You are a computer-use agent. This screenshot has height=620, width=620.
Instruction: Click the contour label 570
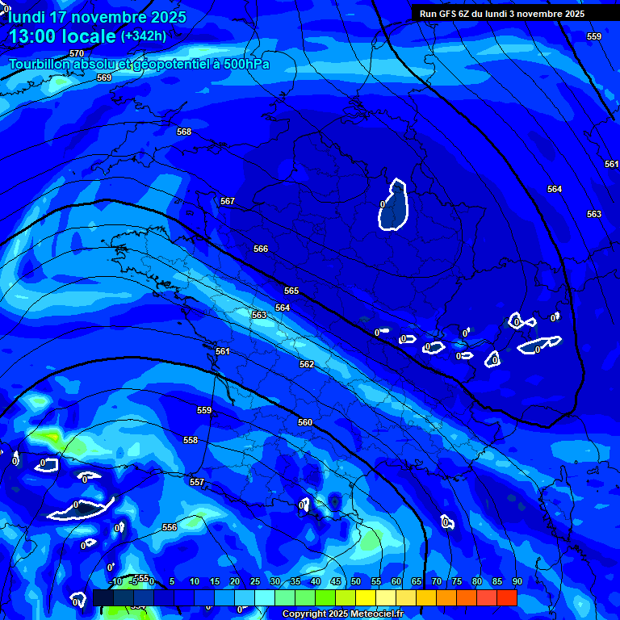coord(77,53)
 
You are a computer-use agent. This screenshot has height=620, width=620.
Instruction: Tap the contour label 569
coord(104,77)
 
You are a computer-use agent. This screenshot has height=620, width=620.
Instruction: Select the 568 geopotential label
coord(184,132)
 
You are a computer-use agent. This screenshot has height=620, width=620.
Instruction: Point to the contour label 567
coord(228,201)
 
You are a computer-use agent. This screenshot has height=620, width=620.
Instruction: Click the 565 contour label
coord(291,291)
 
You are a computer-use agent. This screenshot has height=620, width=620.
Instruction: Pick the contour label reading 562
coord(307,364)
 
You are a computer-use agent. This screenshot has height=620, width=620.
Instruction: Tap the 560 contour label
coord(305,422)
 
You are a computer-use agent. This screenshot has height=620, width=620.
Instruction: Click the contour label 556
coord(170,527)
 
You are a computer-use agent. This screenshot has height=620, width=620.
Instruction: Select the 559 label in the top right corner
coord(594,36)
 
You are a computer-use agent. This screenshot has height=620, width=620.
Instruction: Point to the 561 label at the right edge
coord(611,164)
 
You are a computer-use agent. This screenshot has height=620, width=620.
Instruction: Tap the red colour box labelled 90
coord(507,598)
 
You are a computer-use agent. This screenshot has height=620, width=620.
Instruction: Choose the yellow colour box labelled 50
coord(366,598)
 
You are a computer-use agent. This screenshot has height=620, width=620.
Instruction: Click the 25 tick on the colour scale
coord(255,582)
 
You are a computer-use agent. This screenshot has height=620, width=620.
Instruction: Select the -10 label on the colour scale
coord(115,582)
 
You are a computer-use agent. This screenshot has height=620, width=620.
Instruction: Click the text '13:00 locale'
coord(63,36)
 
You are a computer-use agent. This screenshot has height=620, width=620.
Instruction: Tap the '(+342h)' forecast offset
coord(144,36)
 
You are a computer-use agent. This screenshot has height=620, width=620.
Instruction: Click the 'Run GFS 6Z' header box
coord(502,14)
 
